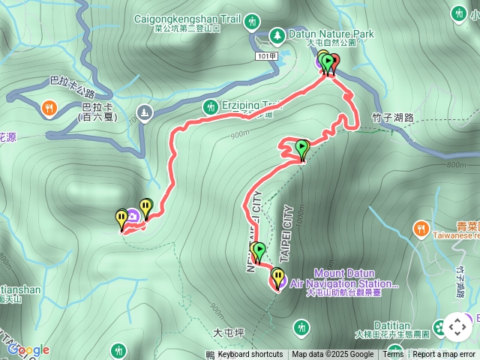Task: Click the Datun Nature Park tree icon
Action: pyautogui.click(x=277, y=34)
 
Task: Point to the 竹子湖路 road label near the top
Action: pyautogui.click(x=392, y=117)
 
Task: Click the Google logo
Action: pyautogui.click(x=28, y=349)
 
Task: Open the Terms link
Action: pyautogui.click(x=393, y=355)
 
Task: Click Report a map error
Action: pyautogui.click(x=444, y=355)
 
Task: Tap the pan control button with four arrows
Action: pyautogui.click(x=457, y=327)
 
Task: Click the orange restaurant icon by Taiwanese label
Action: pyautogui.click(x=421, y=226)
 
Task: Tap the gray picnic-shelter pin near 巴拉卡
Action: pyautogui.click(x=145, y=112)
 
